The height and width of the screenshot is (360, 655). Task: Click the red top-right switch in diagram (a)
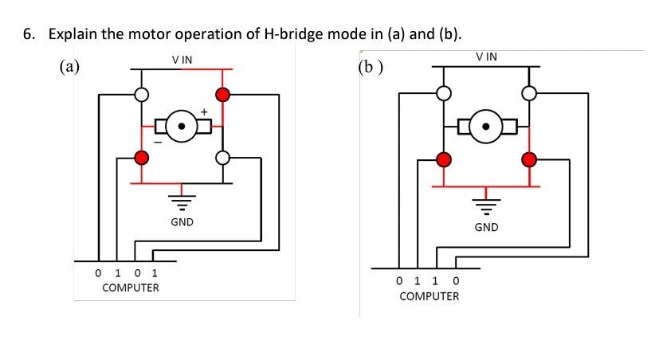pos(223,95)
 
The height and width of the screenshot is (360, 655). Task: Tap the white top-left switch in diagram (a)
pos(142,95)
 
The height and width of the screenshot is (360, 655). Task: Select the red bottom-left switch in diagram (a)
pos(142,158)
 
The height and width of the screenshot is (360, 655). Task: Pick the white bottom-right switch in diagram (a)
pos(223,158)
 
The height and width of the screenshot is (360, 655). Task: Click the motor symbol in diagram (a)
pos(182,126)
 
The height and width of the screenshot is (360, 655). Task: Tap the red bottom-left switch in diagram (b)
pos(445,158)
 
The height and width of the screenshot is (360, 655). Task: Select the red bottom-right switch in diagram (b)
pos(528,158)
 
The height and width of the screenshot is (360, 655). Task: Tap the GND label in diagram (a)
pos(182,221)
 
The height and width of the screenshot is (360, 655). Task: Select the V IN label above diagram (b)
pos(486,57)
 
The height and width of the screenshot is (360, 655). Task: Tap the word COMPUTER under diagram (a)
pos(131,288)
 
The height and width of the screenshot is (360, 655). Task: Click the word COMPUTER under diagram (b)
pos(429,296)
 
